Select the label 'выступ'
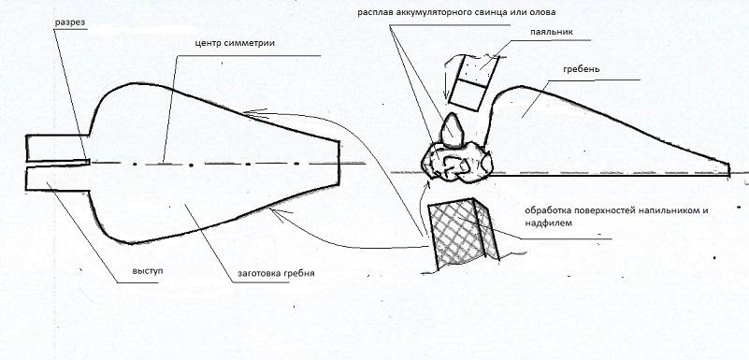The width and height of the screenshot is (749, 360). pos(148,271)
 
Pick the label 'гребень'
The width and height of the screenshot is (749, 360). pos(581,69)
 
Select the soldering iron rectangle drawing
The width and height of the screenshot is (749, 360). pos(474,82)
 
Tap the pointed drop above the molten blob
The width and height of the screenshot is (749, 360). pos(452,129)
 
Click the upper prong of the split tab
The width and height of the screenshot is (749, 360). pos(57,148)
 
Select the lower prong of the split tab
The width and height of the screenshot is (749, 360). pos(57,179)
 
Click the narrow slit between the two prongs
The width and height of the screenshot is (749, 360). pos(58,164)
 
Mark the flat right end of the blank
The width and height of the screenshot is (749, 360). pos(339,163)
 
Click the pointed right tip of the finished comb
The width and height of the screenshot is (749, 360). pos(729,169)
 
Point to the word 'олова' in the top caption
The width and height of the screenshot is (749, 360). pos(544,12)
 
